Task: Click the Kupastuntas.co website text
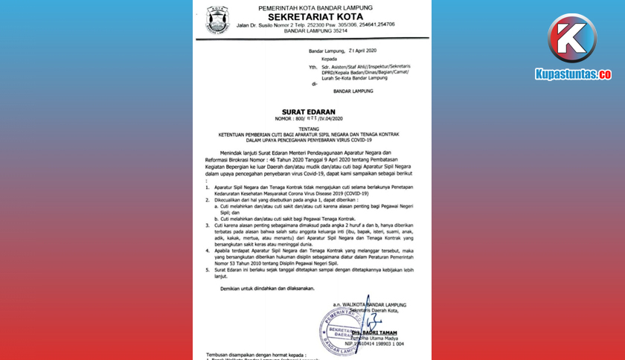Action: pos(572,74)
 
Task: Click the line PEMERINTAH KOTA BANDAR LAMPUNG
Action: pos(315,7)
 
